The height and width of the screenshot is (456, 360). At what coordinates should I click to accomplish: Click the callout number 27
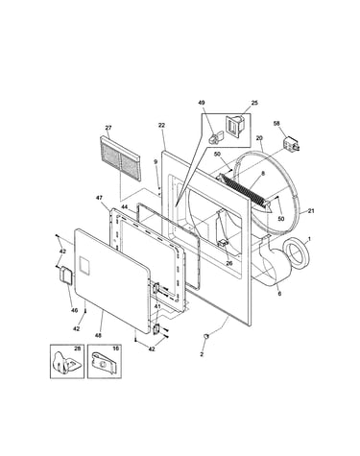pyautogui.click(x=108, y=128)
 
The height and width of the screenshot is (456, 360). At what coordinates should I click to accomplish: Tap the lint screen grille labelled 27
pyautogui.click(x=120, y=158)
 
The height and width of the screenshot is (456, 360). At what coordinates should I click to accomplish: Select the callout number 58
pyautogui.click(x=276, y=123)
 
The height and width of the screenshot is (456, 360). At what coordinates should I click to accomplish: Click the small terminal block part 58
pyautogui.click(x=291, y=143)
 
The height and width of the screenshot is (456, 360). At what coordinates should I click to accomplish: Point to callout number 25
pyautogui.click(x=254, y=103)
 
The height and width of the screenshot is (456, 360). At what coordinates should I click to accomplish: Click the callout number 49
pyautogui.click(x=202, y=103)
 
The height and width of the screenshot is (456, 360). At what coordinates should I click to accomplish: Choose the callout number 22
pyautogui.click(x=161, y=125)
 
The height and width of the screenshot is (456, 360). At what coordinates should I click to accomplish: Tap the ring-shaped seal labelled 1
pyautogui.click(x=297, y=252)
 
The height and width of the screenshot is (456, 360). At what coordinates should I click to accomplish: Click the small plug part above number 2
pyautogui.click(x=206, y=336)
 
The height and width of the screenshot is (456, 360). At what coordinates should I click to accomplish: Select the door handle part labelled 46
pyautogui.click(x=66, y=275)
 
